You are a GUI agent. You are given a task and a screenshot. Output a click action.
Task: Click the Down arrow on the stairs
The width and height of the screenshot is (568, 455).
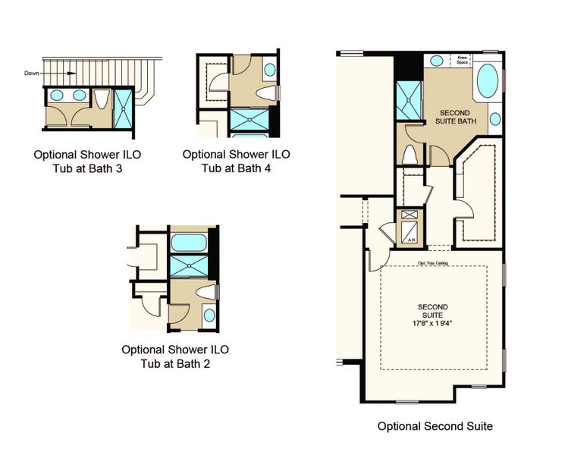click(x=68, y=74)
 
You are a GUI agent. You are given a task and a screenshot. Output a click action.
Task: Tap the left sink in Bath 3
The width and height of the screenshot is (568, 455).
click(x=57, y=96)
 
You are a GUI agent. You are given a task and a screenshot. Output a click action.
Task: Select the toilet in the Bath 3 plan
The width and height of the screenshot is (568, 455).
click(x=101, y=99)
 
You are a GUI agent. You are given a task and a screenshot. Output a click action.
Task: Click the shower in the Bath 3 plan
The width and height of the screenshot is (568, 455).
click(x=122, y=107)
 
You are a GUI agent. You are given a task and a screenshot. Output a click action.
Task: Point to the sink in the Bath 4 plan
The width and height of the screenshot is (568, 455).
click(x=271, y=71)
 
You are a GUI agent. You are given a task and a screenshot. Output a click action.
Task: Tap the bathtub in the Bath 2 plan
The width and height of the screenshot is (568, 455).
click(x=187, y=243)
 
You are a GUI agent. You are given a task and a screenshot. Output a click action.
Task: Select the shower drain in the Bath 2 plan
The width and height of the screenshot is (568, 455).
click(x=187, y=265)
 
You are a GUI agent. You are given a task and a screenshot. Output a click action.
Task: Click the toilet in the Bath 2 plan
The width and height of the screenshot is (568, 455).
click(x=205, y=293)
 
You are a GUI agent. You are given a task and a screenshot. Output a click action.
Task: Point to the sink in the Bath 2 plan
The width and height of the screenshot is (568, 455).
click(x=209, y=315)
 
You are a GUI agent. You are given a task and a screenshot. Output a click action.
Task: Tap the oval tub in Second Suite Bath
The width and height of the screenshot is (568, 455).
click(x=487, y=80)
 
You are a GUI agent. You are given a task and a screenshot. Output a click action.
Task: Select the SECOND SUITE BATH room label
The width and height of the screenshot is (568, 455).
click(x=453, y=117)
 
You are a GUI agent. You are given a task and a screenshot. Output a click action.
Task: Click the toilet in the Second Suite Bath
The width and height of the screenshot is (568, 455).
click(x=410, y=155)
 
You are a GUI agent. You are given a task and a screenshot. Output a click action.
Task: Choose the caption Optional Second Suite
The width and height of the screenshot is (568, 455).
click(x=435, y=426)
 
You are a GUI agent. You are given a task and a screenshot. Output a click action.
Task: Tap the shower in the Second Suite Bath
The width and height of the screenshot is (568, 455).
click(x=407, y=98)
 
